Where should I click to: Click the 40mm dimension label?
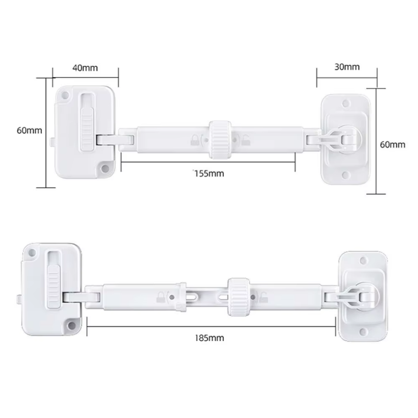tap(85, 67)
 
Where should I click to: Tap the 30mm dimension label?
tap(347, 66)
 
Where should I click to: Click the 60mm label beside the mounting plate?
tap(392, 144)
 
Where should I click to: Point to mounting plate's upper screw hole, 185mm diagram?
tap(363, 260)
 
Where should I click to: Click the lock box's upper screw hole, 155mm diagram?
tap(65, 96)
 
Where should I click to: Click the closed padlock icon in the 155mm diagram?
tap(196, 140)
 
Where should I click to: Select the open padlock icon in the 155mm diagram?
tap(245, 140)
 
